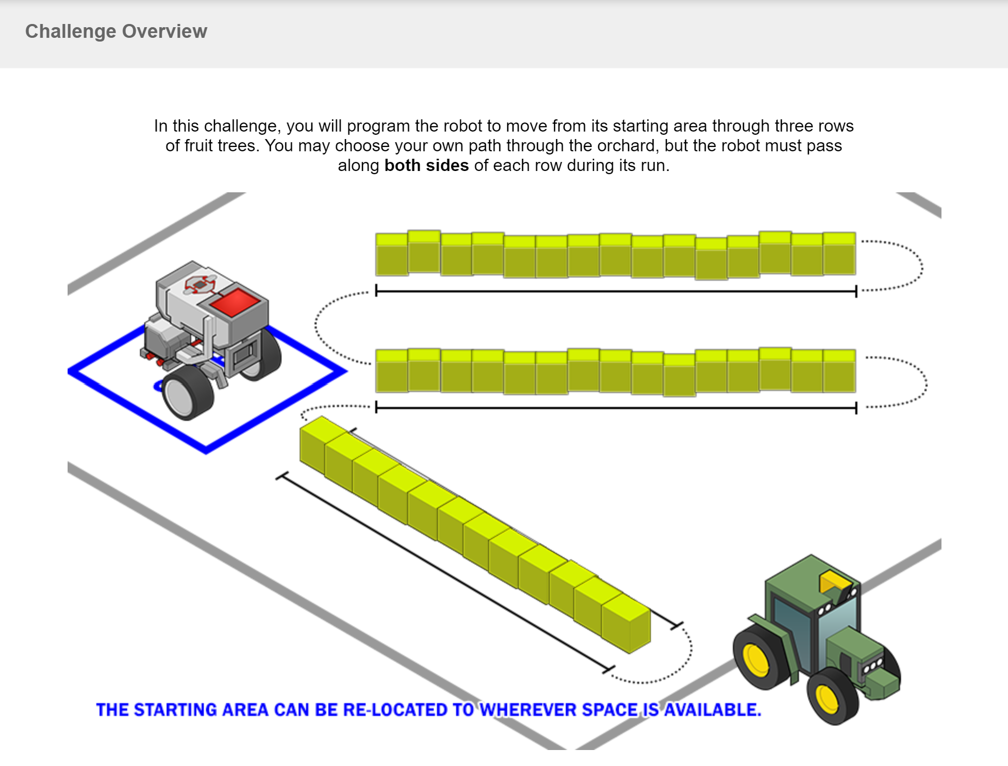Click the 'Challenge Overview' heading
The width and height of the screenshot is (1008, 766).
(x=116, y=31)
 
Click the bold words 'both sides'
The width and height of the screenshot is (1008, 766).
(x=426, y=166)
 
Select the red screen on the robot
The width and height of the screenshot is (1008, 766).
(x=234, y=303)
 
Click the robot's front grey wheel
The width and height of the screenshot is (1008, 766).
(x=187, y=393)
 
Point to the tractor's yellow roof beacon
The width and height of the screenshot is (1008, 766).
(x=834, y=582)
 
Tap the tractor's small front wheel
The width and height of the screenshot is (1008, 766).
(x=830, y=697)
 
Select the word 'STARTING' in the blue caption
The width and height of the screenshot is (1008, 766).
(x=174, y=710)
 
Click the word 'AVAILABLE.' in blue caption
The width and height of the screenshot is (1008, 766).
(x=713, y=710)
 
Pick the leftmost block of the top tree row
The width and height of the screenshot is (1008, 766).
(x=392, y=255)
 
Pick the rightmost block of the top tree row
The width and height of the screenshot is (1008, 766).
(x=839, y=254)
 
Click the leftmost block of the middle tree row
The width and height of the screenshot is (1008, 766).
(x=392, y=371)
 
